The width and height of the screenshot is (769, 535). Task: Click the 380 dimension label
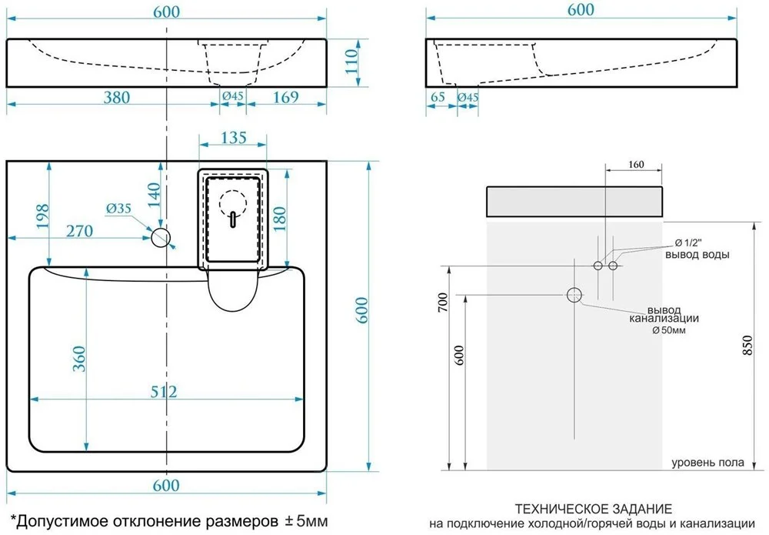[117, 97]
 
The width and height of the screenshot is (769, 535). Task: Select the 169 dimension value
[285, 97]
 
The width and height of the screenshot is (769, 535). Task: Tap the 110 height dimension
[351, 62]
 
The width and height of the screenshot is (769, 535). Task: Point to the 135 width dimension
[233, 138]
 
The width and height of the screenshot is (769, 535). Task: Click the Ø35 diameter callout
[118, 209]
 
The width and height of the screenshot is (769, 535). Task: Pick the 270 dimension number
[79, 231]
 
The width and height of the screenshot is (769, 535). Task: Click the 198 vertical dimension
[42, 216]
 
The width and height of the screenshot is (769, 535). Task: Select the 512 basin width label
[163, 392]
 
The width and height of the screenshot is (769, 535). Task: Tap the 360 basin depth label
[79, 358]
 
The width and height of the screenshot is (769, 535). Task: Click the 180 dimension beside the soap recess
[279, 219]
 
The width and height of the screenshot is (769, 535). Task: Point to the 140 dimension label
[154, 195]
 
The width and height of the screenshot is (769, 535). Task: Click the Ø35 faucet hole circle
[161, 238]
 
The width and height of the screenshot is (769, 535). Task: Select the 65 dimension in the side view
[438, 97]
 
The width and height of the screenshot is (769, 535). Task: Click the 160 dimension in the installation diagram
[636, 165]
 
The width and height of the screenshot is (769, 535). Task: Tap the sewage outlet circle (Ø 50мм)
[574, 295]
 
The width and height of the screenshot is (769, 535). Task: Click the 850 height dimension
[747, 346]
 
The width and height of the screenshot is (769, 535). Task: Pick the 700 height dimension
[442, 303]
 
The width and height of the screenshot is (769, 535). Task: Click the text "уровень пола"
[707, 463]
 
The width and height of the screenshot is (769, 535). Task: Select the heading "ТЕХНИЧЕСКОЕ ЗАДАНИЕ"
[594, 509]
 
